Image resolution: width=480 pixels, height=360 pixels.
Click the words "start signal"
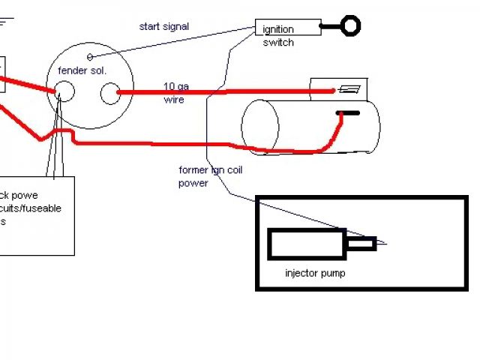163,27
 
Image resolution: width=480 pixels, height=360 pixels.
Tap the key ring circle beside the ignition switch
349,26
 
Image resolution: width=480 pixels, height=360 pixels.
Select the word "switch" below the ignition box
277,43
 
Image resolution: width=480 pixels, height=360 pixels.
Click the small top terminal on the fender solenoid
89,57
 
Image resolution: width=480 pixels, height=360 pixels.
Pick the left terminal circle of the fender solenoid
65,93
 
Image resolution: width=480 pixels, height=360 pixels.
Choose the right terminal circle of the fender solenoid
109,94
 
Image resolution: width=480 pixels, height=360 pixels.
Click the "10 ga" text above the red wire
176,85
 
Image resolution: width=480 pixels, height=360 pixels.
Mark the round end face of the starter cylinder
259,124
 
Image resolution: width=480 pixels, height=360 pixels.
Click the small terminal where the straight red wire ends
348,89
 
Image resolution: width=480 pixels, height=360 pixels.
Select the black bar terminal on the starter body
347,113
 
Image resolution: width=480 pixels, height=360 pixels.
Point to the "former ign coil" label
211,170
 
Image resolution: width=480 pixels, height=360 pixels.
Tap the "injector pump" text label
315,273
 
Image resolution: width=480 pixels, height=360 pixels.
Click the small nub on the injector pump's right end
361,243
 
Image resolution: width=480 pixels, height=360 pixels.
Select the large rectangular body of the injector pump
307,244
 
